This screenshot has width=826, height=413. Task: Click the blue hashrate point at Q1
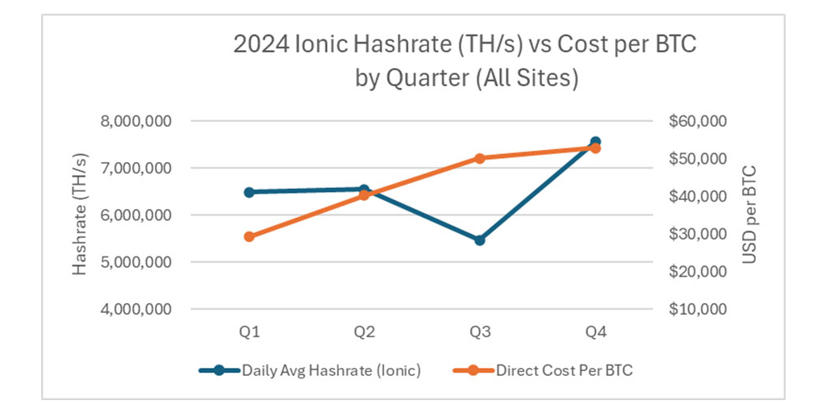249,192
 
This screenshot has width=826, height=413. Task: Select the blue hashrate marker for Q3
480,240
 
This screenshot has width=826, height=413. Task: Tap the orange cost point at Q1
249,236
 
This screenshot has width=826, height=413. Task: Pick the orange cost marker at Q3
480,158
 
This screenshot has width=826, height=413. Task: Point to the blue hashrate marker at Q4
595,142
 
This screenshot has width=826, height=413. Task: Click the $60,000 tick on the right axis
698,121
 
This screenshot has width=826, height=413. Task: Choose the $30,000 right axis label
698,234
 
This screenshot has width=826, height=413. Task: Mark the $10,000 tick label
698,309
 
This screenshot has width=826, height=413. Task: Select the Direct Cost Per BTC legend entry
565,371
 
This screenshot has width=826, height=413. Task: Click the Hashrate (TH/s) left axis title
80,215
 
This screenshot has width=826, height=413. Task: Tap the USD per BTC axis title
749,215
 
